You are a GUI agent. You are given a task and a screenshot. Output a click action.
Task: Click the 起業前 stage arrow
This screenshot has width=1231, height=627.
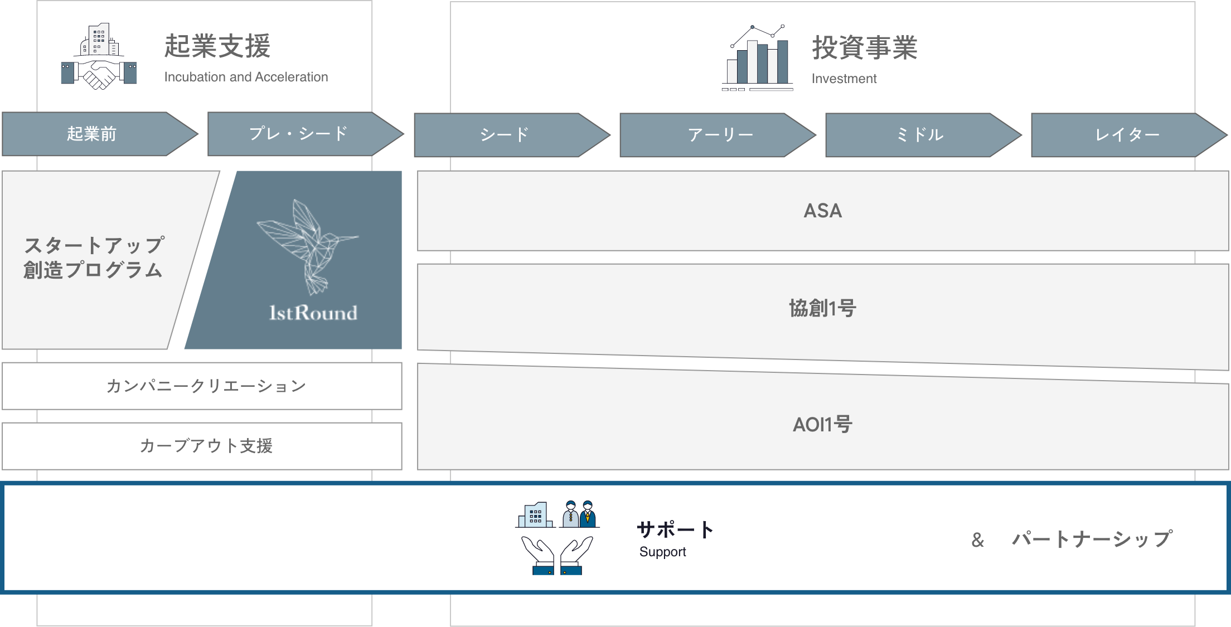click(x=92, y=134)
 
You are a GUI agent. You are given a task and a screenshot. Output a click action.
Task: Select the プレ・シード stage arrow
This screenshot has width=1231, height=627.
click(x=298, y=134)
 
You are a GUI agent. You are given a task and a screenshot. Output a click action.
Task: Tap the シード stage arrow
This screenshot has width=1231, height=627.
click(x=505, y=135)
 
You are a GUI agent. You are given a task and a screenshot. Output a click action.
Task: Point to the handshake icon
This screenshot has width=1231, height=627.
click(x=99, y=74)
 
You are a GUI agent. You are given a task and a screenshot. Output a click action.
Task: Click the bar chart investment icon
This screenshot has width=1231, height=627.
click(x=758, y=58)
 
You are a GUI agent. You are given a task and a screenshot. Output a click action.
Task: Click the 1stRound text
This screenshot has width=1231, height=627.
click(x=313, y=313)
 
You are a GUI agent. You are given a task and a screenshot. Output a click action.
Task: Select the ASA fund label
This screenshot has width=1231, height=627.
click(x=823, y=211)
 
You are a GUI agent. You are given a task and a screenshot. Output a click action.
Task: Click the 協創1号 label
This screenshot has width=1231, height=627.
click(x=823, y=308)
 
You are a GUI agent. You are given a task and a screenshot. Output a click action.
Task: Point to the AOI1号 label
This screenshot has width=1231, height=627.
click(x=823, y=425)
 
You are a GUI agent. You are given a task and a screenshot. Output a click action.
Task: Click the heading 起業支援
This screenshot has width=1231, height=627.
click(x=217, y=46)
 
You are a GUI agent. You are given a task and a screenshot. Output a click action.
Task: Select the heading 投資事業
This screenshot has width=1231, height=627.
click(x=865, y=48)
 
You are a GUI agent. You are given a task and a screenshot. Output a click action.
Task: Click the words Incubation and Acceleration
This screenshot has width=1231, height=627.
click(x=246, y=77)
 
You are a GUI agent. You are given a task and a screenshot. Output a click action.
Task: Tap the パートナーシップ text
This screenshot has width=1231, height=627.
click(x=1092, y=539)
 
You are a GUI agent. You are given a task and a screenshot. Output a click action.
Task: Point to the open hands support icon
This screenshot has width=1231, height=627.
click(x=558, y=555)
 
